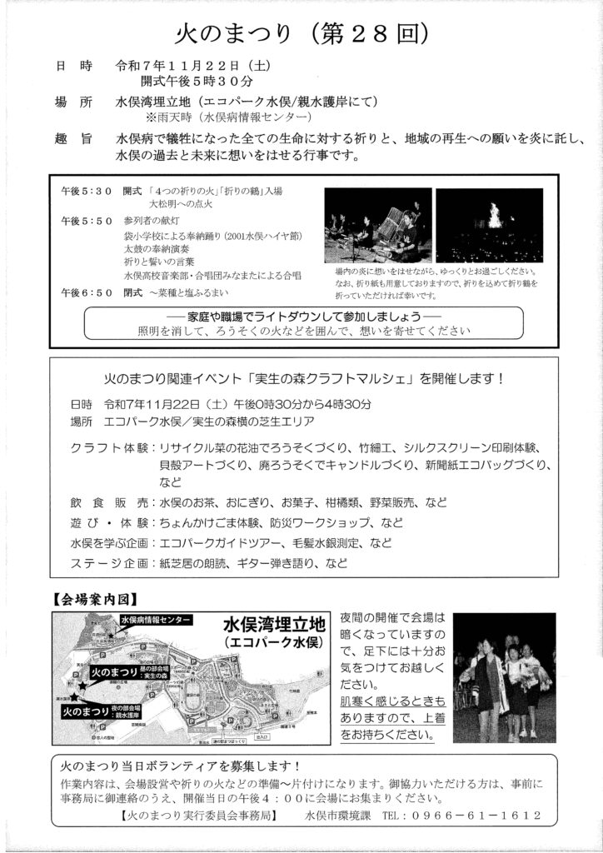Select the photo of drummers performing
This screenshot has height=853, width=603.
(x=377, y=226)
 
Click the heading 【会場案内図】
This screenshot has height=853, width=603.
(x=93, y=599)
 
